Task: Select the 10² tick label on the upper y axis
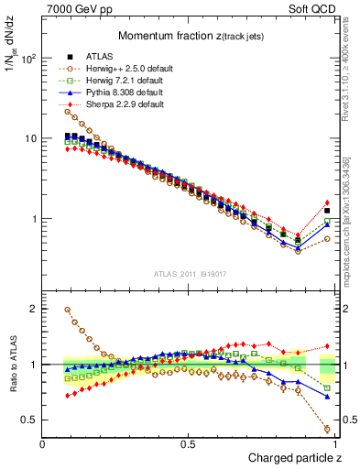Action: pyautogui.click(x=27, y=59)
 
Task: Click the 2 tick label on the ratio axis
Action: pyautogui.click(x=32, y=310)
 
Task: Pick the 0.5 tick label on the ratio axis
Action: pyautogui.click(x=27, y=420)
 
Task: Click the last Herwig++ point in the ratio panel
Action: pyautogui.click(x=327, y=428)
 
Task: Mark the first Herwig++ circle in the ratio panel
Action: pyautogui.click(x=68, y=310)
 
